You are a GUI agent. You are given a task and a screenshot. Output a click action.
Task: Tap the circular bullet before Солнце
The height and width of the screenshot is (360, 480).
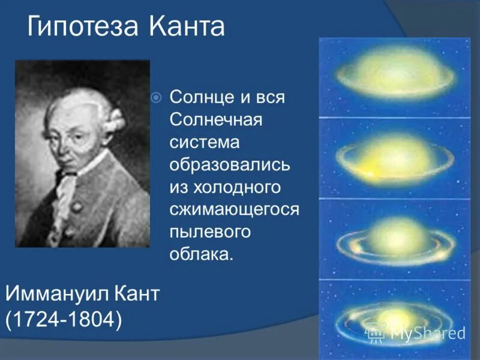point(156,97)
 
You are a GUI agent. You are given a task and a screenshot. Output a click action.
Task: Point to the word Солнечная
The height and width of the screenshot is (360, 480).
point(216,119)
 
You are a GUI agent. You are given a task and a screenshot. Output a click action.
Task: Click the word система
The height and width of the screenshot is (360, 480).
point(204,142)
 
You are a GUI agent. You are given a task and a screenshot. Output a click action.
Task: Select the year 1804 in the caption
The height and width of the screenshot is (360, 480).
point(91,319)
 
